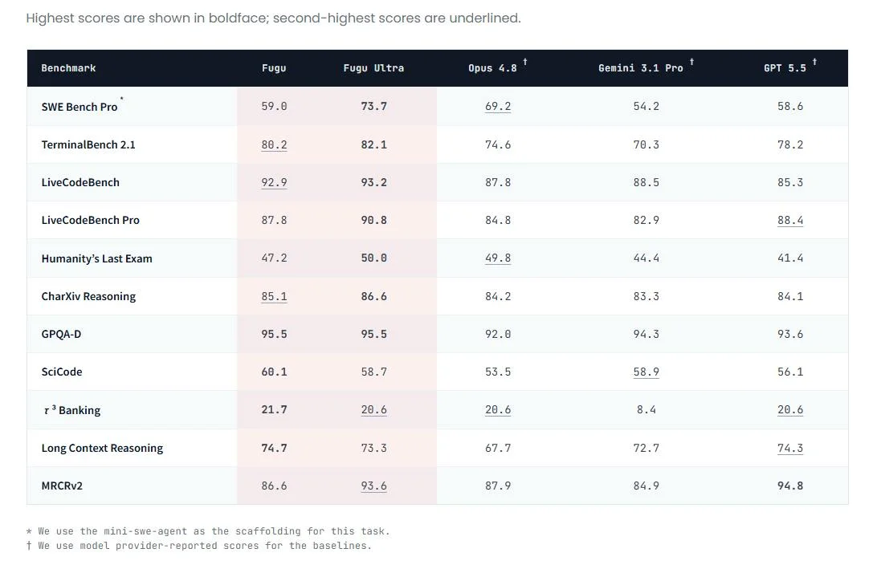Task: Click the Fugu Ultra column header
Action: click(373, 68)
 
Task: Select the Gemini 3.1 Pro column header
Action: click(641, 68)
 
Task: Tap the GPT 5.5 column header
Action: click(785, 68)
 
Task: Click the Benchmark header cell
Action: click(68, 68)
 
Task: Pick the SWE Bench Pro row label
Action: click(80, 107)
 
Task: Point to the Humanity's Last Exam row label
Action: click(96, 258)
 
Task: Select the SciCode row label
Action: click(62, 372)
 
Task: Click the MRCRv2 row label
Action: click(62, 486)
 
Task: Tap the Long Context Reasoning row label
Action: click(102, 449)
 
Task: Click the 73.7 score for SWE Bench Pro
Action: click(373, 106)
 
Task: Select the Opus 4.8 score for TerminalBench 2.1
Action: click(498, 144)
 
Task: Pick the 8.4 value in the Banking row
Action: click(646, 409)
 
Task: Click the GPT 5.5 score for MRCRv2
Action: click(790, 486)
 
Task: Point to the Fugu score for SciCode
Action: click(274, 372)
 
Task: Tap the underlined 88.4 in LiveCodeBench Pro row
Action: click(790, 220)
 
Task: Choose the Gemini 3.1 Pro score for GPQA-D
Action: click(646, 334)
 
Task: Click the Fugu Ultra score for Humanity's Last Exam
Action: click(373, 258)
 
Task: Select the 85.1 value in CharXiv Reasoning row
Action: click(274, 297)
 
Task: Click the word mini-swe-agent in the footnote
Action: click(145, 531)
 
